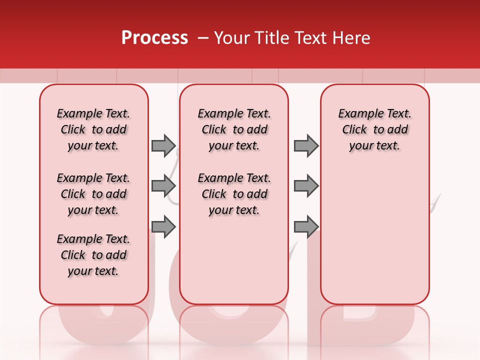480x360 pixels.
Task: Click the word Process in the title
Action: point(154,38)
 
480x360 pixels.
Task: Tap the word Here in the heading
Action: point(352,38)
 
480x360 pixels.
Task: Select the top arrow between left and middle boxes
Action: point(163,145)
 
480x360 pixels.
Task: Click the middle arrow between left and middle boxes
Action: point(163,186)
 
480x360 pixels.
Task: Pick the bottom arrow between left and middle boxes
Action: point(163,226)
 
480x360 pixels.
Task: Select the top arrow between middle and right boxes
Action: point(306,145)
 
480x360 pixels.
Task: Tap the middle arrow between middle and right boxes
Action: point(306,186)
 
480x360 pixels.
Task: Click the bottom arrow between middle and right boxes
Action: point(306,226)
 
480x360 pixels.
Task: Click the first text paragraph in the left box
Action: point(93,129)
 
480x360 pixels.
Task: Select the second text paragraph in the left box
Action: point(93,194)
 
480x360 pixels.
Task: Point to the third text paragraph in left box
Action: point(93,255)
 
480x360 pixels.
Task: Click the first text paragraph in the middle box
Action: point(234,129)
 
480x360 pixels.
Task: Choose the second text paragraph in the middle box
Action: point(234,194)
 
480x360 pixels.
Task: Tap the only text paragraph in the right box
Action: point(375,129)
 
